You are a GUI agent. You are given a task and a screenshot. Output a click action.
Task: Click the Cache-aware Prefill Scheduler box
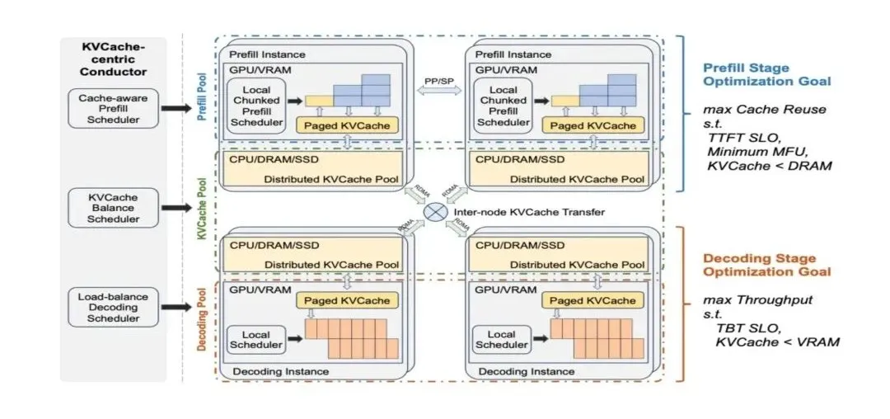[x=114, y=108]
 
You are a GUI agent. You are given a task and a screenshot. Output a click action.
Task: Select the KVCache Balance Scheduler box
[x=114, y=209]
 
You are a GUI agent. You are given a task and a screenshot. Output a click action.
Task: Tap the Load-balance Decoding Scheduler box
[x=114, y=306]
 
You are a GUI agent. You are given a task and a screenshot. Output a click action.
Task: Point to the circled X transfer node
[x=434, y=212]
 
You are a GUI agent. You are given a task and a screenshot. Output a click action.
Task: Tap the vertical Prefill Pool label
[x=203, y=96]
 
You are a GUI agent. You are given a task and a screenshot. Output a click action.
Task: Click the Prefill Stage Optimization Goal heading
[x=766, y=74]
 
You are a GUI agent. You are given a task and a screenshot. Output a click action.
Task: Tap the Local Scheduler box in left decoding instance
[x=255, y=340]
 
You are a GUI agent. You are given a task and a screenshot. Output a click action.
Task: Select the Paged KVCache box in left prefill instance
[x=347, y=125]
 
